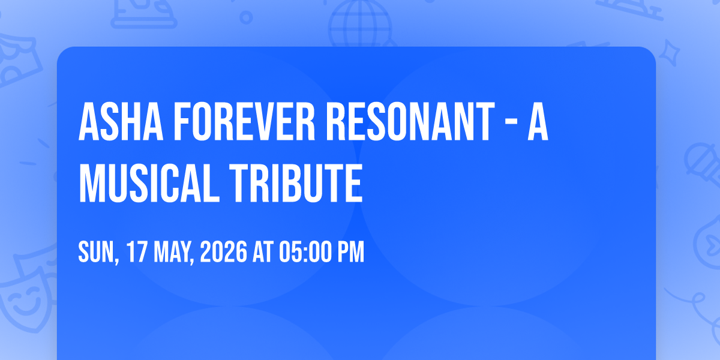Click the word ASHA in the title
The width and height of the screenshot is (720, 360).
(121, 122)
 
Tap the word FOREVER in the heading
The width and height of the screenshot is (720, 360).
(244, 122)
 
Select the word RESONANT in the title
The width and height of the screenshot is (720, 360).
(410, 122)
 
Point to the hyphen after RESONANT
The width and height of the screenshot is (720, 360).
(511, 124)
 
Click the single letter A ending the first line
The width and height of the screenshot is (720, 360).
(538, 122)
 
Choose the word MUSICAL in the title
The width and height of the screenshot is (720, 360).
(149, 183)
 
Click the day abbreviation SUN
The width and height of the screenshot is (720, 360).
(97, 253)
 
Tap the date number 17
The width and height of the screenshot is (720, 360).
(137, 251)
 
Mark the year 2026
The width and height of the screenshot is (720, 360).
(223, 251)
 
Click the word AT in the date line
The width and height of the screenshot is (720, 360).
(263, 251)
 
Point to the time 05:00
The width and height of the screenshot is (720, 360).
(305, 251)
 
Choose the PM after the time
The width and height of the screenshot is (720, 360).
(350, 251)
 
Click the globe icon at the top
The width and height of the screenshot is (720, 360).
(360, 23)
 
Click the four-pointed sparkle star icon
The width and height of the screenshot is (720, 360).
(670, 53)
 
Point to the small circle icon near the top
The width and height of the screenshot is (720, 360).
(246, 17)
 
